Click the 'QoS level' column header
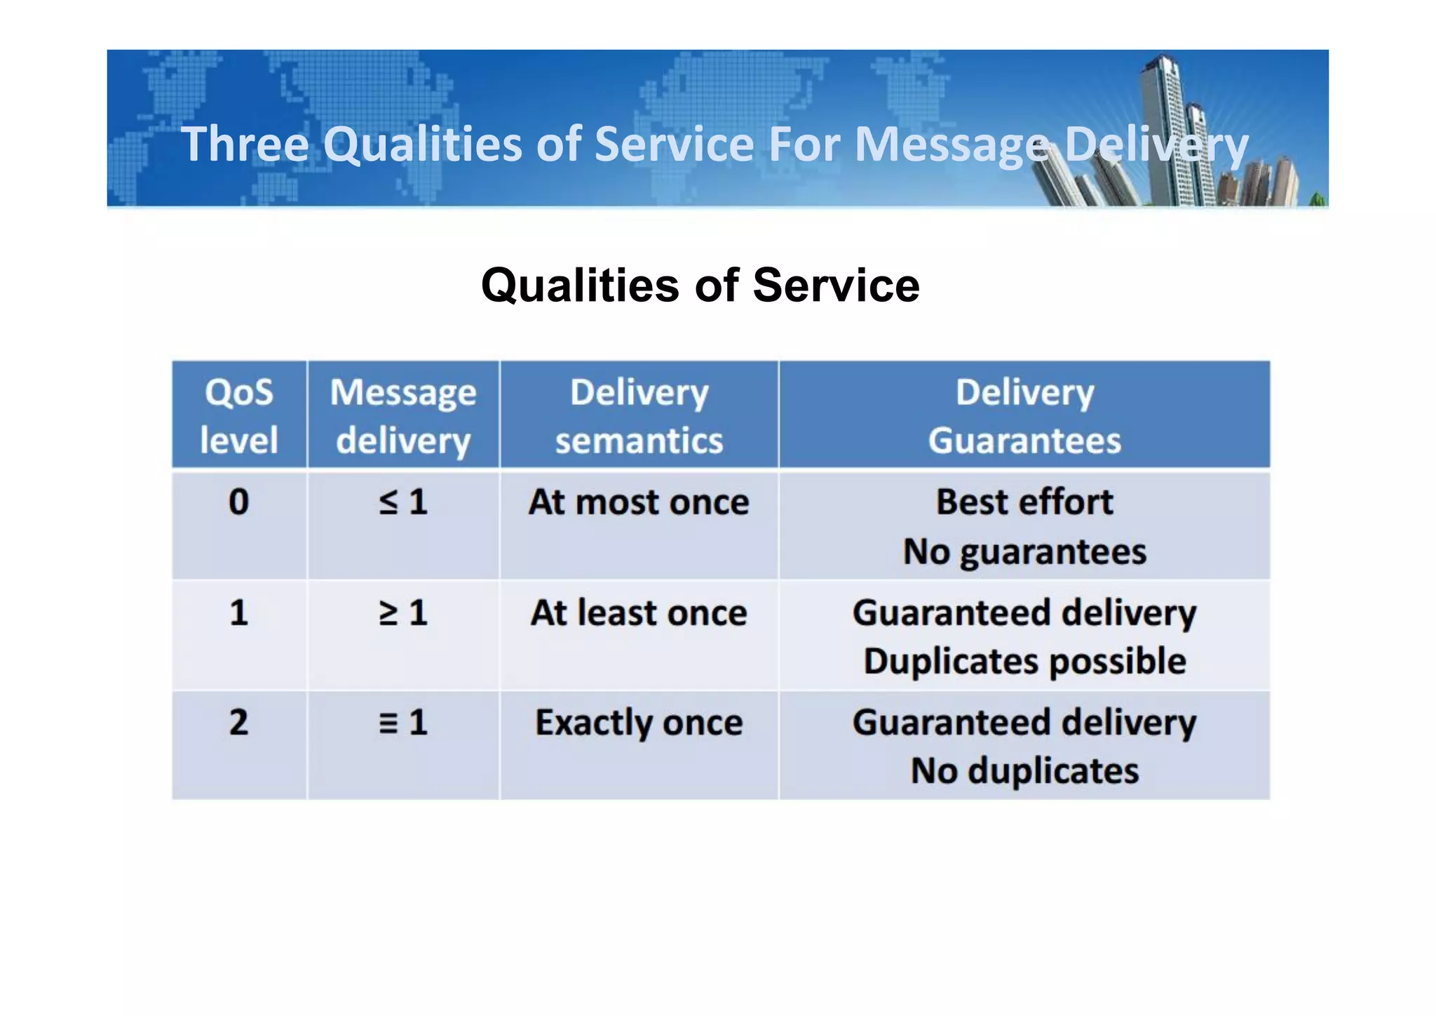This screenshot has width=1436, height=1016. (238, 415)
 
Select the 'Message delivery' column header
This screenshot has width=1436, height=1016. (403, 415)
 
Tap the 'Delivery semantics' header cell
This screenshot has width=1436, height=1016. (639, 415)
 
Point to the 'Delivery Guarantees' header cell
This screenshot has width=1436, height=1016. (1024, 415)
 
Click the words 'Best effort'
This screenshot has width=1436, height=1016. (1024, 502)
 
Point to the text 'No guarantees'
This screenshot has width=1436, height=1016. (1024, 552)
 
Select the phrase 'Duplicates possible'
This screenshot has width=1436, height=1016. (1024, 662)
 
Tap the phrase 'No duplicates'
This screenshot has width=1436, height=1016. (1024, 771)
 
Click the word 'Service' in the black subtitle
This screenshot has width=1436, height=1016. (836, 286)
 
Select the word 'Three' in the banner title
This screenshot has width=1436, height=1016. (245, 144)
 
